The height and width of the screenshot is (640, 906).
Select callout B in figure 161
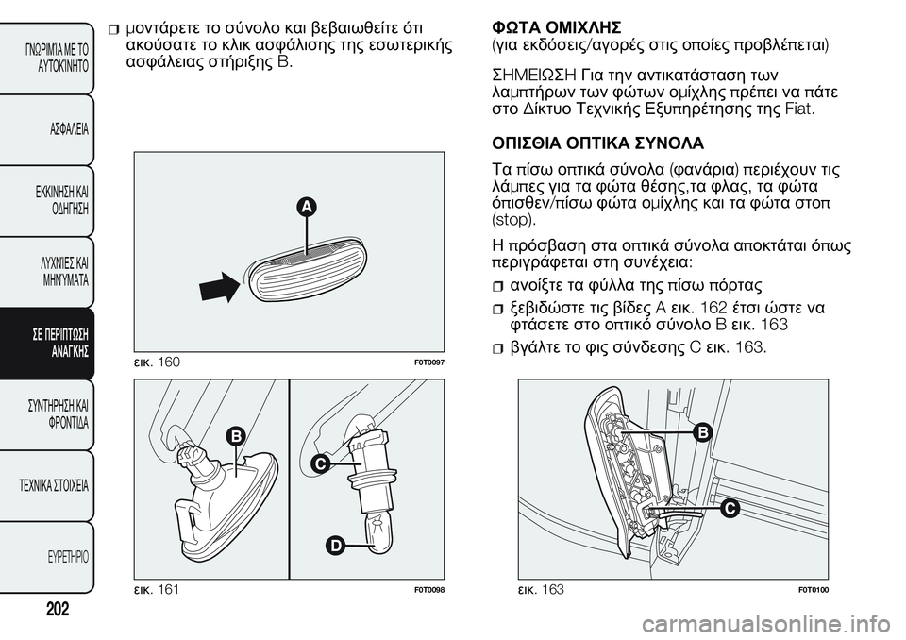(236, 436)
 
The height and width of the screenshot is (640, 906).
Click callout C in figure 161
(320, 463)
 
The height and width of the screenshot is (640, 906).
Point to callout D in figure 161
(334, 546)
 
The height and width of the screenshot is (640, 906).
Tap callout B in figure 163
(702, 432)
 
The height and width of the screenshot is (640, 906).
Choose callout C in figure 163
(730, 509)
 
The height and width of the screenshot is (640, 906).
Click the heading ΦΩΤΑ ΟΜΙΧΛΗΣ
(556, 27)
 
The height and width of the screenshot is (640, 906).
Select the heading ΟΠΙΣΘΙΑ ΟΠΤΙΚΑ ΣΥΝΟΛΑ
(597, 143)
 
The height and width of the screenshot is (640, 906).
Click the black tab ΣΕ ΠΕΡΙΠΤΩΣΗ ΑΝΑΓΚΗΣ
(47, 344)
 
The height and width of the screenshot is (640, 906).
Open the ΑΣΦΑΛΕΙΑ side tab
(47, 129)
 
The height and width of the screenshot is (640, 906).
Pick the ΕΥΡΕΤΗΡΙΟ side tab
(47, 557)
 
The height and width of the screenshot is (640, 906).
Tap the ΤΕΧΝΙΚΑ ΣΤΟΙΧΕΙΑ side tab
(47, 485)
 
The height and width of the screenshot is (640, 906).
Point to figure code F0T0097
(428, 362)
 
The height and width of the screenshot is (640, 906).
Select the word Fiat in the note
(801, 109)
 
